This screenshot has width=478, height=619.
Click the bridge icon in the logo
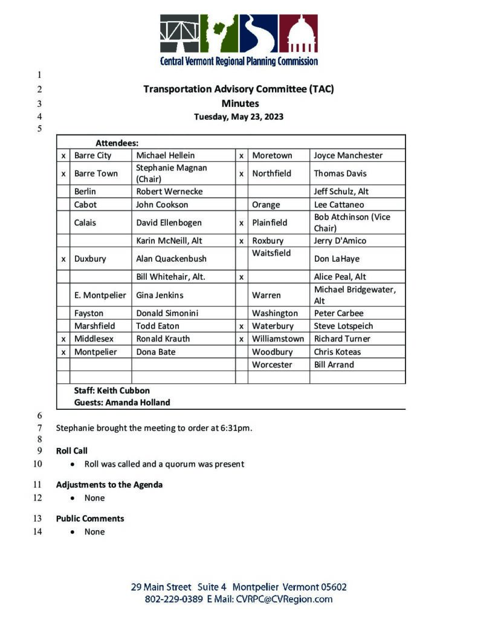179,34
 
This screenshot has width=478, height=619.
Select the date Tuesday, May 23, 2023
238,117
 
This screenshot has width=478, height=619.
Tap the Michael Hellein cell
165,155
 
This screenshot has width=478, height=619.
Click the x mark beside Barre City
63,155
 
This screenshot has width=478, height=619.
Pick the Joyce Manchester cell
348,155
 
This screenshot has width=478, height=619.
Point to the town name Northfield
271,173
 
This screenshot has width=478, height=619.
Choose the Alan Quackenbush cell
171,259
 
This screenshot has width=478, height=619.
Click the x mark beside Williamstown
241,339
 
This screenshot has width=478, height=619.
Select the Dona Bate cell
155,352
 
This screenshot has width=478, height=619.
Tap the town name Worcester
272,365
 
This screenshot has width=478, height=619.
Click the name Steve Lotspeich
343,326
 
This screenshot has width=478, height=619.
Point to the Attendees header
117,143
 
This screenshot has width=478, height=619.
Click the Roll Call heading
72,451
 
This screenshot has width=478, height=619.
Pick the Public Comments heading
90,519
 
